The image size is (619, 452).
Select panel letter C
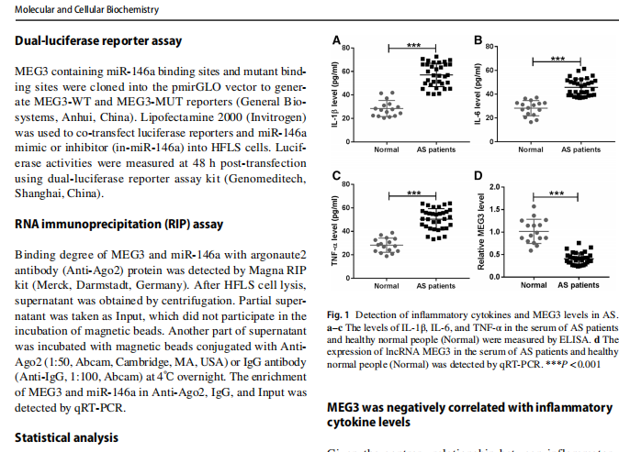336,177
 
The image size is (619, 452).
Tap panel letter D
478,177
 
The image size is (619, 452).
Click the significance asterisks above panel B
557,58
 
